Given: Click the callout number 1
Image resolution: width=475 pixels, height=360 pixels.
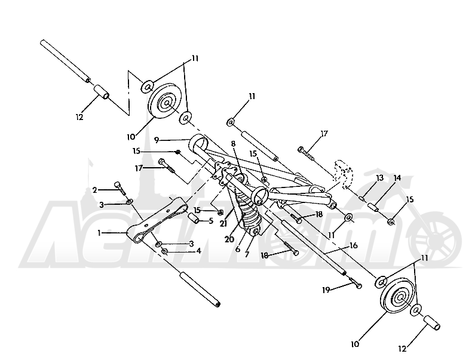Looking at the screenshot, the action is (99, 233).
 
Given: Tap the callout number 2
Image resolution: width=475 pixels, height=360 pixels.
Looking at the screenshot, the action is (95, 190).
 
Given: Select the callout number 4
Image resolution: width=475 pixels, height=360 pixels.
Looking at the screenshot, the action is (199, 251).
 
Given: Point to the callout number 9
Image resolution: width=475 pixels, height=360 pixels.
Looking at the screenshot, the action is (157, 140).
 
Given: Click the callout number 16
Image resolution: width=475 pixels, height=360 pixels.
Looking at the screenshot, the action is (353, 245).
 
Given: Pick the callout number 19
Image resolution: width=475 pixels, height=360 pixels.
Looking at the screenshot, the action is (326, 290).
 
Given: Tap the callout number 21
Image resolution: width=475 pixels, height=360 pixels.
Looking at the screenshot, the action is (223, 223).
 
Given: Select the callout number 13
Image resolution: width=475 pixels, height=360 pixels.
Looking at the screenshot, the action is (380, 178).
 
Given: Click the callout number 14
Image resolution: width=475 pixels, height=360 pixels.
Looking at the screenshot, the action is (397, 178).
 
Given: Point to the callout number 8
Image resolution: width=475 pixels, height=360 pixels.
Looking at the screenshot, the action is (233, 144).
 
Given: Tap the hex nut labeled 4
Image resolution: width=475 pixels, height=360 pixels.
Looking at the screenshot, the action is (164, 251).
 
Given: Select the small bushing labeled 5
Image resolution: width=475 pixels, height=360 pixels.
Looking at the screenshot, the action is (194, 218).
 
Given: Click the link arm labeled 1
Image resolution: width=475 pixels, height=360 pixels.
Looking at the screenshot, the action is (157, 220).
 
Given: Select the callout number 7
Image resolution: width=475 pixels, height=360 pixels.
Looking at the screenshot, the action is (247, 254).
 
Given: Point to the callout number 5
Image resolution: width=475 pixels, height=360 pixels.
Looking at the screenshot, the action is (211, 221).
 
